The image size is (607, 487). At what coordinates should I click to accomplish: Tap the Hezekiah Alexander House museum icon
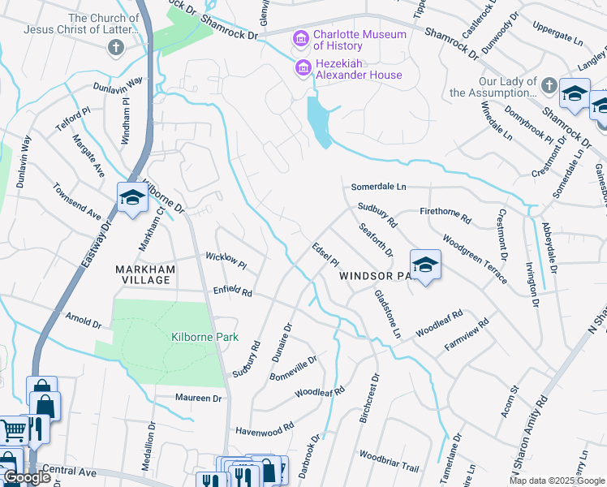[303, 68]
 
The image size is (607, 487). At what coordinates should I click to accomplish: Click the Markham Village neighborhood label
[143, 274]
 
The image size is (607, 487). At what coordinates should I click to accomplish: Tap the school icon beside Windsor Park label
[424, 265]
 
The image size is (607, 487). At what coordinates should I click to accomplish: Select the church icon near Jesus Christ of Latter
[115, 47]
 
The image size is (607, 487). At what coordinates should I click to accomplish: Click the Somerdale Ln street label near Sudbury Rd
[378, 187]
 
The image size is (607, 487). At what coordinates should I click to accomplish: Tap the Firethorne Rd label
[446, 214]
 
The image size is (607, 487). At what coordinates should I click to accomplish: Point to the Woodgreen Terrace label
[476, 260]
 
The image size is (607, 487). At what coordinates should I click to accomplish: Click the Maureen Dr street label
[199, 398]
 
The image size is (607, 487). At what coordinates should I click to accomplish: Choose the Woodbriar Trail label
[389, 462]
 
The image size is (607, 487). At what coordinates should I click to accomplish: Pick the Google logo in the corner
[28, 477]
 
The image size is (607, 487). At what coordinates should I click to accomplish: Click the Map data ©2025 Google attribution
[557, 481]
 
